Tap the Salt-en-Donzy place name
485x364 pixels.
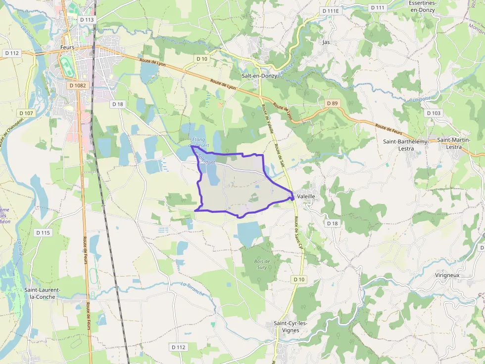(x=259, y=76)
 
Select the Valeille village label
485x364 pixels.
(x=306, y=196)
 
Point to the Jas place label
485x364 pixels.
(x=326, y=42)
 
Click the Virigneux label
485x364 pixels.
(x=448, y=275)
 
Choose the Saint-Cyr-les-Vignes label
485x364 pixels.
(x=291, y=326)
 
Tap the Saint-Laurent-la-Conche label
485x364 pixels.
(x=43, y=293)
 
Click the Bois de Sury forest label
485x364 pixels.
(x=262, y=264)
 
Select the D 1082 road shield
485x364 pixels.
(x=78, y=85)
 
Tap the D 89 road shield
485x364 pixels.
(x=332, y=103)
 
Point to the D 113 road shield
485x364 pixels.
(x=86, y=20)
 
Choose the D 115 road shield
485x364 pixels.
(x=43, y=232)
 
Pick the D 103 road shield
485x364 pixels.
(x=433, y=113)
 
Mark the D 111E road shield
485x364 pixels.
(x=330, y=10)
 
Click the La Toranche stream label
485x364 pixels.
(x=193, y=288)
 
